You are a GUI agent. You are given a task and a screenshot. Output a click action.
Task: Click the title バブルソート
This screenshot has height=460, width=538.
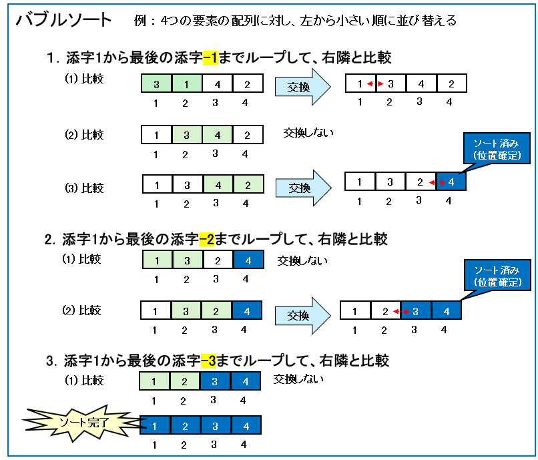click(x=64, y=20)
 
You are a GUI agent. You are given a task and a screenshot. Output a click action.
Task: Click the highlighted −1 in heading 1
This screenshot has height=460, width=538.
click(x=210, y=57)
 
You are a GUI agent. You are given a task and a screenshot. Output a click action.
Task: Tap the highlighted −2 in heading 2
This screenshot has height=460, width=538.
click(x=206, y=239)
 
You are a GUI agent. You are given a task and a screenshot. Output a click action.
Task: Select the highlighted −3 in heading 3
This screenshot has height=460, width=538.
click(x=208, y=361)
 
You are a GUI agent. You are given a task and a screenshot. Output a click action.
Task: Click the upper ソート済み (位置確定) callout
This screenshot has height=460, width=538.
click(x=497, y=148)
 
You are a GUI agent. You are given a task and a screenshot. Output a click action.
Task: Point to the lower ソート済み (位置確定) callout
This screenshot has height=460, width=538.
click(x=497, y=275)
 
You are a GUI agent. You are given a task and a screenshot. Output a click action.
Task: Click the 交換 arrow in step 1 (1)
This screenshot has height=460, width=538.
click(x=302, y=87)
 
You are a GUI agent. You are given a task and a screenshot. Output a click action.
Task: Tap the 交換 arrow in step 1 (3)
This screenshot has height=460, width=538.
click(x=304, y=188)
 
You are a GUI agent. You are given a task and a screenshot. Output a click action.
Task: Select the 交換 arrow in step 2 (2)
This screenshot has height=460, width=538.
click(x=302, y=316)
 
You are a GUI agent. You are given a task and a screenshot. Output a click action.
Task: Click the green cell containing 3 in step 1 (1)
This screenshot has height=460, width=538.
click(x=156, y=83)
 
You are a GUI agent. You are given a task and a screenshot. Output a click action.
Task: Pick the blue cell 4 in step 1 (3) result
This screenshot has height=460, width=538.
click(x=451, y=182)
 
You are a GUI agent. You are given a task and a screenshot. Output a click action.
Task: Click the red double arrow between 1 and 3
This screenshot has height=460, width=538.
click(x=375, y=83)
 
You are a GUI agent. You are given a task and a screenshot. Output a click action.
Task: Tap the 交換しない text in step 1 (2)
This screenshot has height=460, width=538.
click(x=308, y=132)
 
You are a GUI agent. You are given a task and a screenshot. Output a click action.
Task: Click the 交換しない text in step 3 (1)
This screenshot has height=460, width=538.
click(x=298, y=379)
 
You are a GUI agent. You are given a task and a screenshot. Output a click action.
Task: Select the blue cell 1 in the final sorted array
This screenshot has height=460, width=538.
click(x=155, y=425)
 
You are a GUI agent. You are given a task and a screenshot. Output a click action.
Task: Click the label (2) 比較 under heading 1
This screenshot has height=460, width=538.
click(x=84, y=135)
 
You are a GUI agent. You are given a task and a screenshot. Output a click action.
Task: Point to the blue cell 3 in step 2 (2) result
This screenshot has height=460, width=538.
click(x=415, y=310)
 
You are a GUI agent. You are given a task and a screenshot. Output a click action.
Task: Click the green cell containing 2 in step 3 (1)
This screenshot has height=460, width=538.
click(x=184, y=381)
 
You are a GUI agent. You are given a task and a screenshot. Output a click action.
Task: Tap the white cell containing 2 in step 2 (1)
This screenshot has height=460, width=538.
click(x=218, y=260)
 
